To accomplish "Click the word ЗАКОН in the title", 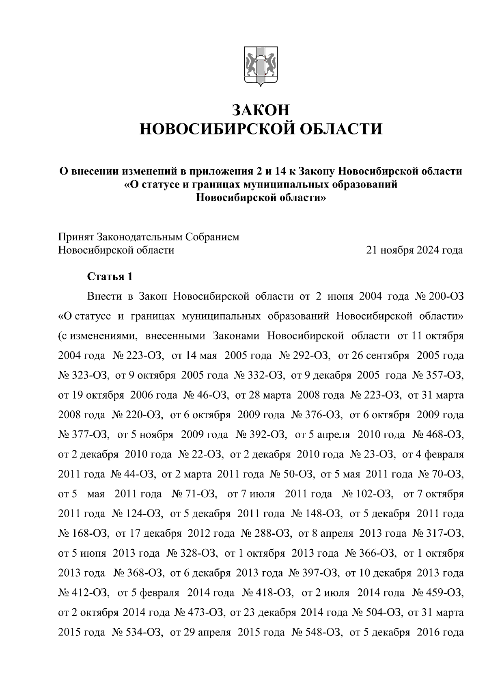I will coord(261,110).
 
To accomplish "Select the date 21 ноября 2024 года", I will coord(414,250).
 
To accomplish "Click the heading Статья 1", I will coord(110,277).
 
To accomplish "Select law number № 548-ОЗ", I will coord(317,632).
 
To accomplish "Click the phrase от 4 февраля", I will coord(433,455).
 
